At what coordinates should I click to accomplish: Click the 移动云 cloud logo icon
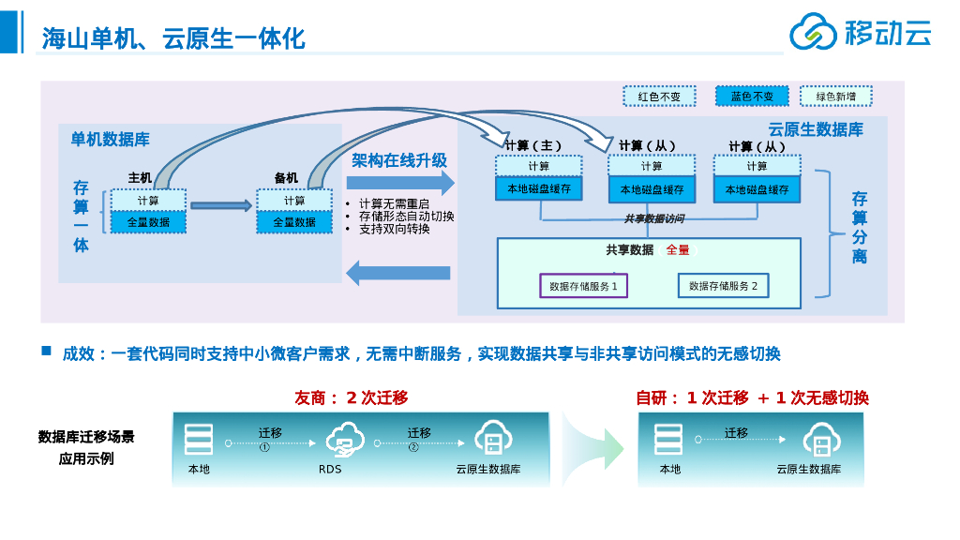point(813,33)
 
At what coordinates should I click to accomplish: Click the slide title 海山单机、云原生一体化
point(173,38)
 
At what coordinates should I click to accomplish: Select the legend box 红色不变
point(659,97)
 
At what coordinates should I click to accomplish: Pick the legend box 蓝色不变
point(752,97)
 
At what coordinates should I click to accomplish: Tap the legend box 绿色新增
point(836,97)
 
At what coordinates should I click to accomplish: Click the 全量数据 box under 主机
point(148,222)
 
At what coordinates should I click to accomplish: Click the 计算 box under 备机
point(294,201)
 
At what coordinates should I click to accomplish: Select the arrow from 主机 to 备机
point(221,205)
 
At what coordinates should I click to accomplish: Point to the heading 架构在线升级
point(399,160)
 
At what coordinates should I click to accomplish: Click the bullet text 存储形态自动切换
point(406,217)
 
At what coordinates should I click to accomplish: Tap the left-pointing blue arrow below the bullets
point(398,273)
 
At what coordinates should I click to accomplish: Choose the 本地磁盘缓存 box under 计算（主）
point(539,188)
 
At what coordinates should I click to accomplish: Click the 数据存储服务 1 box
point(583,286)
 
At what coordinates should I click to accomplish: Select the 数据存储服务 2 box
point(723,286)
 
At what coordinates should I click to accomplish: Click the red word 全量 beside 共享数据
point(678,250)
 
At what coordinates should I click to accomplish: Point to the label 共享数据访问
point(653,218)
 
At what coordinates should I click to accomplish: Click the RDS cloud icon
point(344,439)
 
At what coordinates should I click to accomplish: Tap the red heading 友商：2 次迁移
point(352,397)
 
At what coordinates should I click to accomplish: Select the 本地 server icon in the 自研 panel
point(668,439)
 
